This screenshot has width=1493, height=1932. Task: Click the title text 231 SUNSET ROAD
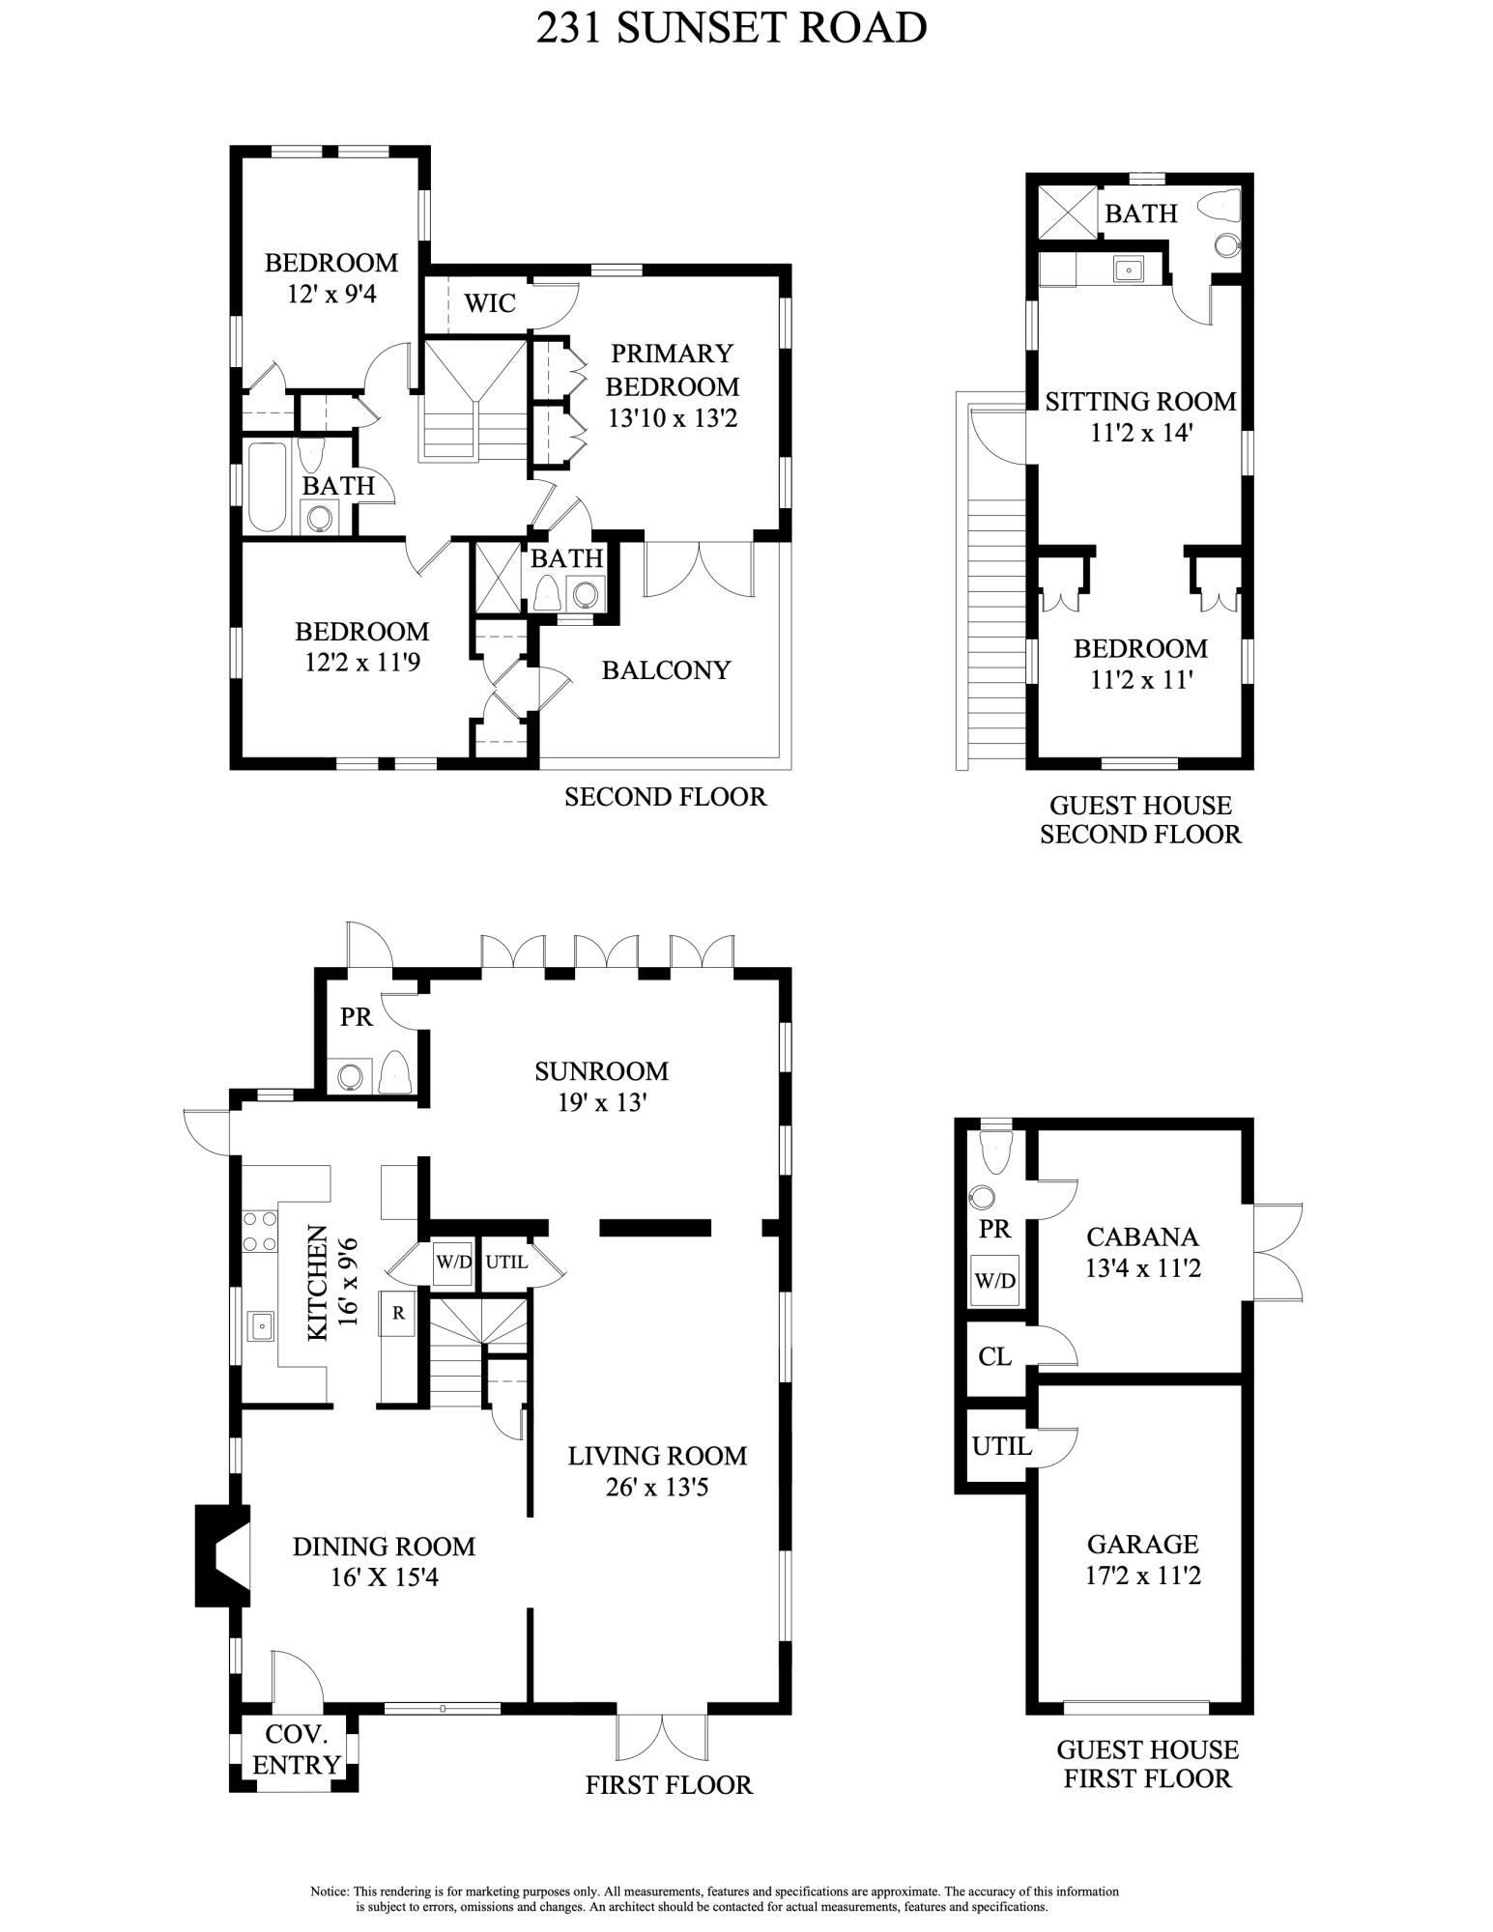732,28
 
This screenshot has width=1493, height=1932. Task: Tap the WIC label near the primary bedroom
490,303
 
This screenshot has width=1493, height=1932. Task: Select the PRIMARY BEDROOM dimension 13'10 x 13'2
673,418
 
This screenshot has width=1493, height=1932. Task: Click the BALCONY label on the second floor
666,669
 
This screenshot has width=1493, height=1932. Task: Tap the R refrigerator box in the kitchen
398,1313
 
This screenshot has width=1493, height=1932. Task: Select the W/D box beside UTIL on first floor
452,1262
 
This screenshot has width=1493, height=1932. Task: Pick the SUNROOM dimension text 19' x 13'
601,1102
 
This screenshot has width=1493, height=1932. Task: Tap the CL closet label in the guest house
994,1356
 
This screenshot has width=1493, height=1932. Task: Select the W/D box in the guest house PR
994,1281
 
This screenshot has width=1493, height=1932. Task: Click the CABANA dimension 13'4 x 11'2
1142,1267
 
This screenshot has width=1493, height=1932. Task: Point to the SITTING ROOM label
1140,401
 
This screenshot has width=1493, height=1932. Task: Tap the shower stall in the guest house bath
1067,213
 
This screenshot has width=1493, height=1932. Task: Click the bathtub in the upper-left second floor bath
265,487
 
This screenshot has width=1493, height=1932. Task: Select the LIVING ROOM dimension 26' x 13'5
657,1487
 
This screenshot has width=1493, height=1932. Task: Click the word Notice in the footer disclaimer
330,1890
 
